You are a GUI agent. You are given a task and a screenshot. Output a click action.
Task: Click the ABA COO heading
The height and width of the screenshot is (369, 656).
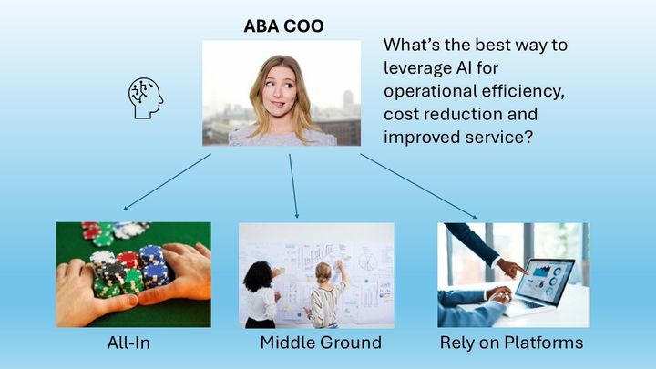point(283,26)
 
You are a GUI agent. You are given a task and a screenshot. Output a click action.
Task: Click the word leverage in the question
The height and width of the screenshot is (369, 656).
point(419,68)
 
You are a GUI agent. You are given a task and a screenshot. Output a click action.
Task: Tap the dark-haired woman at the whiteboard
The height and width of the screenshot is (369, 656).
point(261,292)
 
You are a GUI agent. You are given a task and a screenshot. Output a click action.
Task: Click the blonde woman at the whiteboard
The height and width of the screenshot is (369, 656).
point(325,292)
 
